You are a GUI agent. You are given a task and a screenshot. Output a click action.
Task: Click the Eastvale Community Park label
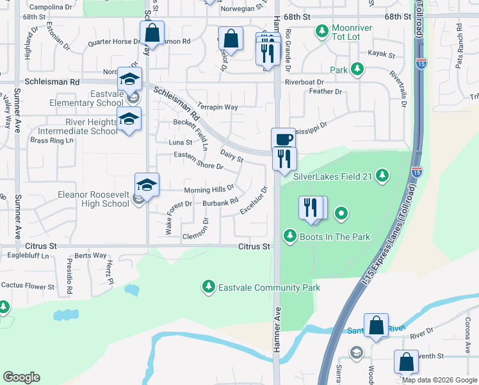[x=269, y=287]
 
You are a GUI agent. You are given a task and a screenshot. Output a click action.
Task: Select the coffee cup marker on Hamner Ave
[x=282, y=139]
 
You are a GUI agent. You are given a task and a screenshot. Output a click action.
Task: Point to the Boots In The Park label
[x=334, y=237]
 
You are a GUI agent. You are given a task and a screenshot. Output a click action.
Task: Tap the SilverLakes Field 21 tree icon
[x=382, y=175]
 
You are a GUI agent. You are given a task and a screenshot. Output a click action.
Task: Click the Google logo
[x=21, y=377]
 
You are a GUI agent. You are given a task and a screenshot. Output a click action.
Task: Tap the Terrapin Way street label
[x=218, y=107]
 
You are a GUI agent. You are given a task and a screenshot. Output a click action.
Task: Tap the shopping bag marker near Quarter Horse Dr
[x=152, y=33]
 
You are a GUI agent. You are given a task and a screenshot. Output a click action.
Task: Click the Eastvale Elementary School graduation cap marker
[x=129, y=80]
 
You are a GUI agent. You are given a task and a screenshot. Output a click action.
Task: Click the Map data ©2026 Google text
[x=439, y=380]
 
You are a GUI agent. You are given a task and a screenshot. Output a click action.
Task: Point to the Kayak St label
[x=382, y=56]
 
